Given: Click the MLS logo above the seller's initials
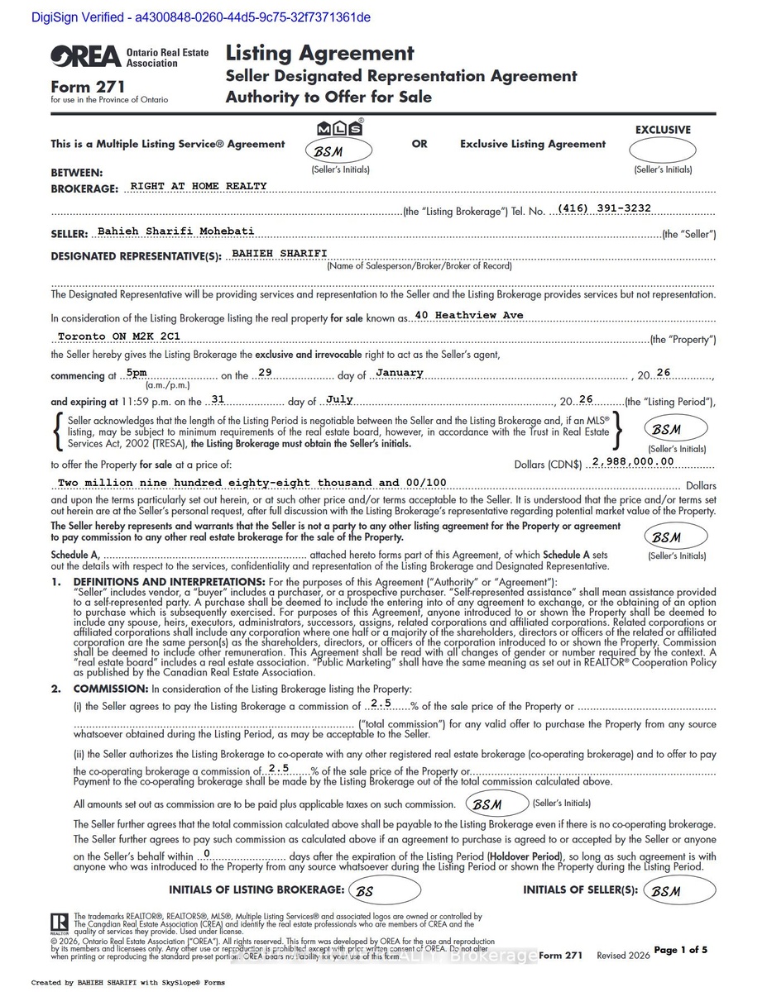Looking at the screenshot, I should tap(340, 128).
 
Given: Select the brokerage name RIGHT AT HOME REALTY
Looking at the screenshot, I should tap(199, 187).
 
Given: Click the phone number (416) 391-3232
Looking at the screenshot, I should tap(605, 208).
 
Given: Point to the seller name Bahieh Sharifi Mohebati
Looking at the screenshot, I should tap(175, 231).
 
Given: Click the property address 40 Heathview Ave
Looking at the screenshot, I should tap(469, 316).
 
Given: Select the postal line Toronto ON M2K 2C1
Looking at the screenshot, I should tap(118, 337).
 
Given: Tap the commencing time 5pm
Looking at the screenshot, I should tap(137, 373).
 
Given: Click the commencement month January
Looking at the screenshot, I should tap(400, 373).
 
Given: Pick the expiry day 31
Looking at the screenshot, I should tap(218, 399).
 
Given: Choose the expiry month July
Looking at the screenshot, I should tap(339, 399).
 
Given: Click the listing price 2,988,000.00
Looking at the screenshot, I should tap(634, 461).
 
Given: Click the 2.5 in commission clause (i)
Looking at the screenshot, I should tap(381, 703).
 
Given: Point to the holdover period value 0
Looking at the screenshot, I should tap(206, 853).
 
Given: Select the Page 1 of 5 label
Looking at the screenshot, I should tap(680, 950).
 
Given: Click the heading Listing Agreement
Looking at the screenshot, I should tap(319, 54).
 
